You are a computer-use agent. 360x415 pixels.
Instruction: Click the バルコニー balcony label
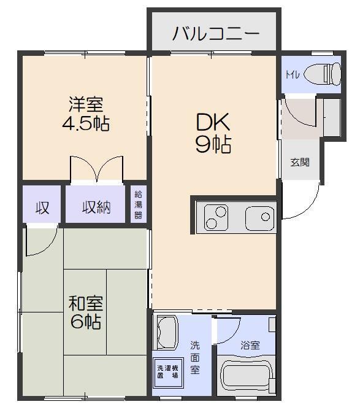(x=215, y=33)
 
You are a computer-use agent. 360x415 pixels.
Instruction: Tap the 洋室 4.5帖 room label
(x=86, y=114)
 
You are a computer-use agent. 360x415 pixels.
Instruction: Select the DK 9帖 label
(x=213, y=133)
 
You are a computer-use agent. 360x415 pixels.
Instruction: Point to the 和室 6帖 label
(x=85, y=312)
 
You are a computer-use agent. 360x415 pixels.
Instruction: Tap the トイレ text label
(x=291, y=74)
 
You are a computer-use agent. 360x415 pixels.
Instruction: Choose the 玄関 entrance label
(x=300, y=163)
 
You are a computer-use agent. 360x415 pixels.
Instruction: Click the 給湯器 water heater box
(x=138, y=205)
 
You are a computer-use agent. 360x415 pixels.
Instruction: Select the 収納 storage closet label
(x=97, y=207)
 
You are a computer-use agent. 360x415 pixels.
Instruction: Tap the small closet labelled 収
(x=42, y=207)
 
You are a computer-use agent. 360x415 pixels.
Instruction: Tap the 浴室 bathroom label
(x=250, y=346)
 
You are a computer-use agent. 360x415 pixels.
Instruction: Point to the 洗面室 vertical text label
(x=194, y=357)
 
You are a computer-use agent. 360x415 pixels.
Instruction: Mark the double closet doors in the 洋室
(x=96, y=169)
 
